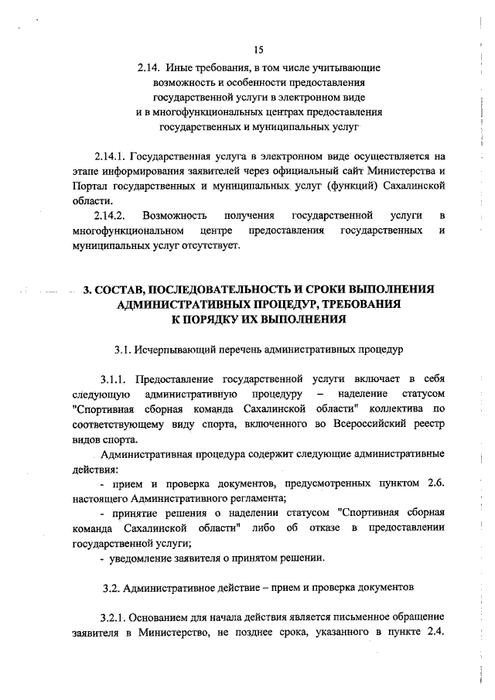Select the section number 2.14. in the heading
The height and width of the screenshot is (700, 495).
(x=145, y=67)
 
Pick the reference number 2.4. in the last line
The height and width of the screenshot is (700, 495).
(x=435, y=632)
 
